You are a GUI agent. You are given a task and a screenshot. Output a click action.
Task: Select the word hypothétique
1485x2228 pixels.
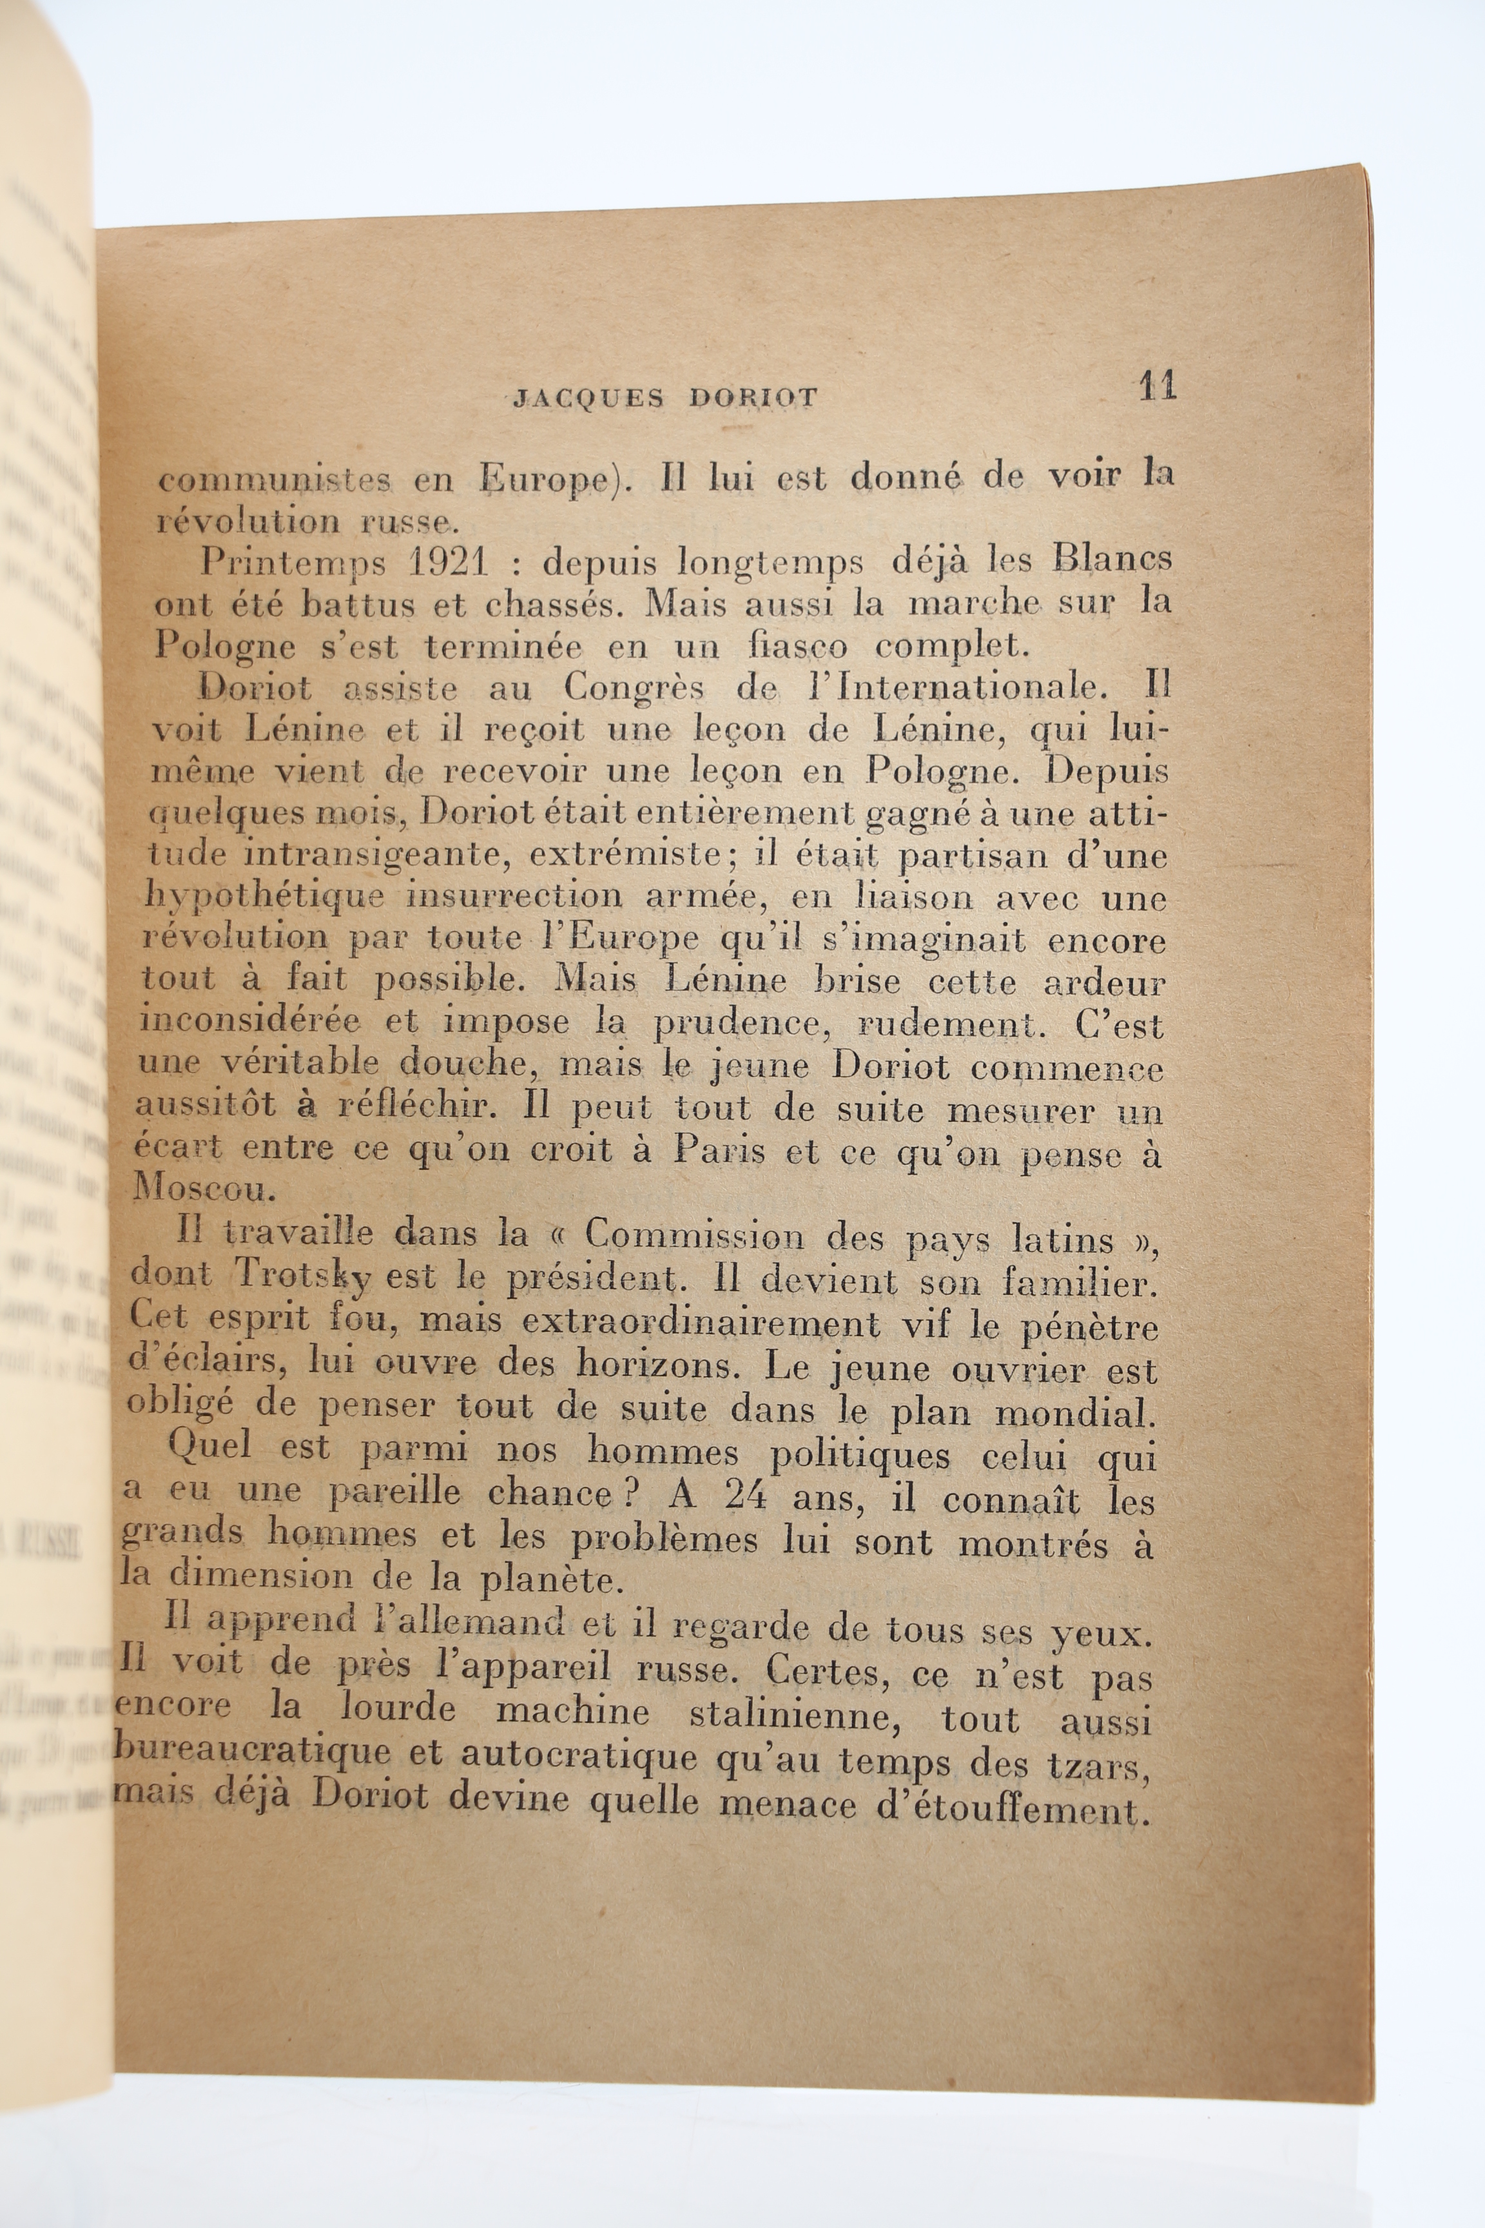tap(264, 896)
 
